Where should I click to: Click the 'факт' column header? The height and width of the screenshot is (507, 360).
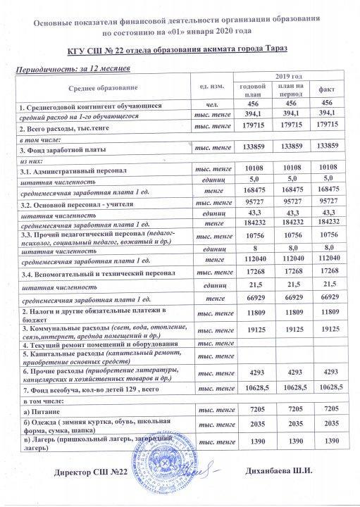click(x=326, y=90)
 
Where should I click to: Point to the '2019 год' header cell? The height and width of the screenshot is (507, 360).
click(x=287, y=75)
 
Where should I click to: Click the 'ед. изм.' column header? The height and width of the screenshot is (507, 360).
click(x=211, y=85)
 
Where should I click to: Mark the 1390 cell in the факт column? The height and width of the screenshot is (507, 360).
click(x=326, y=439)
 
